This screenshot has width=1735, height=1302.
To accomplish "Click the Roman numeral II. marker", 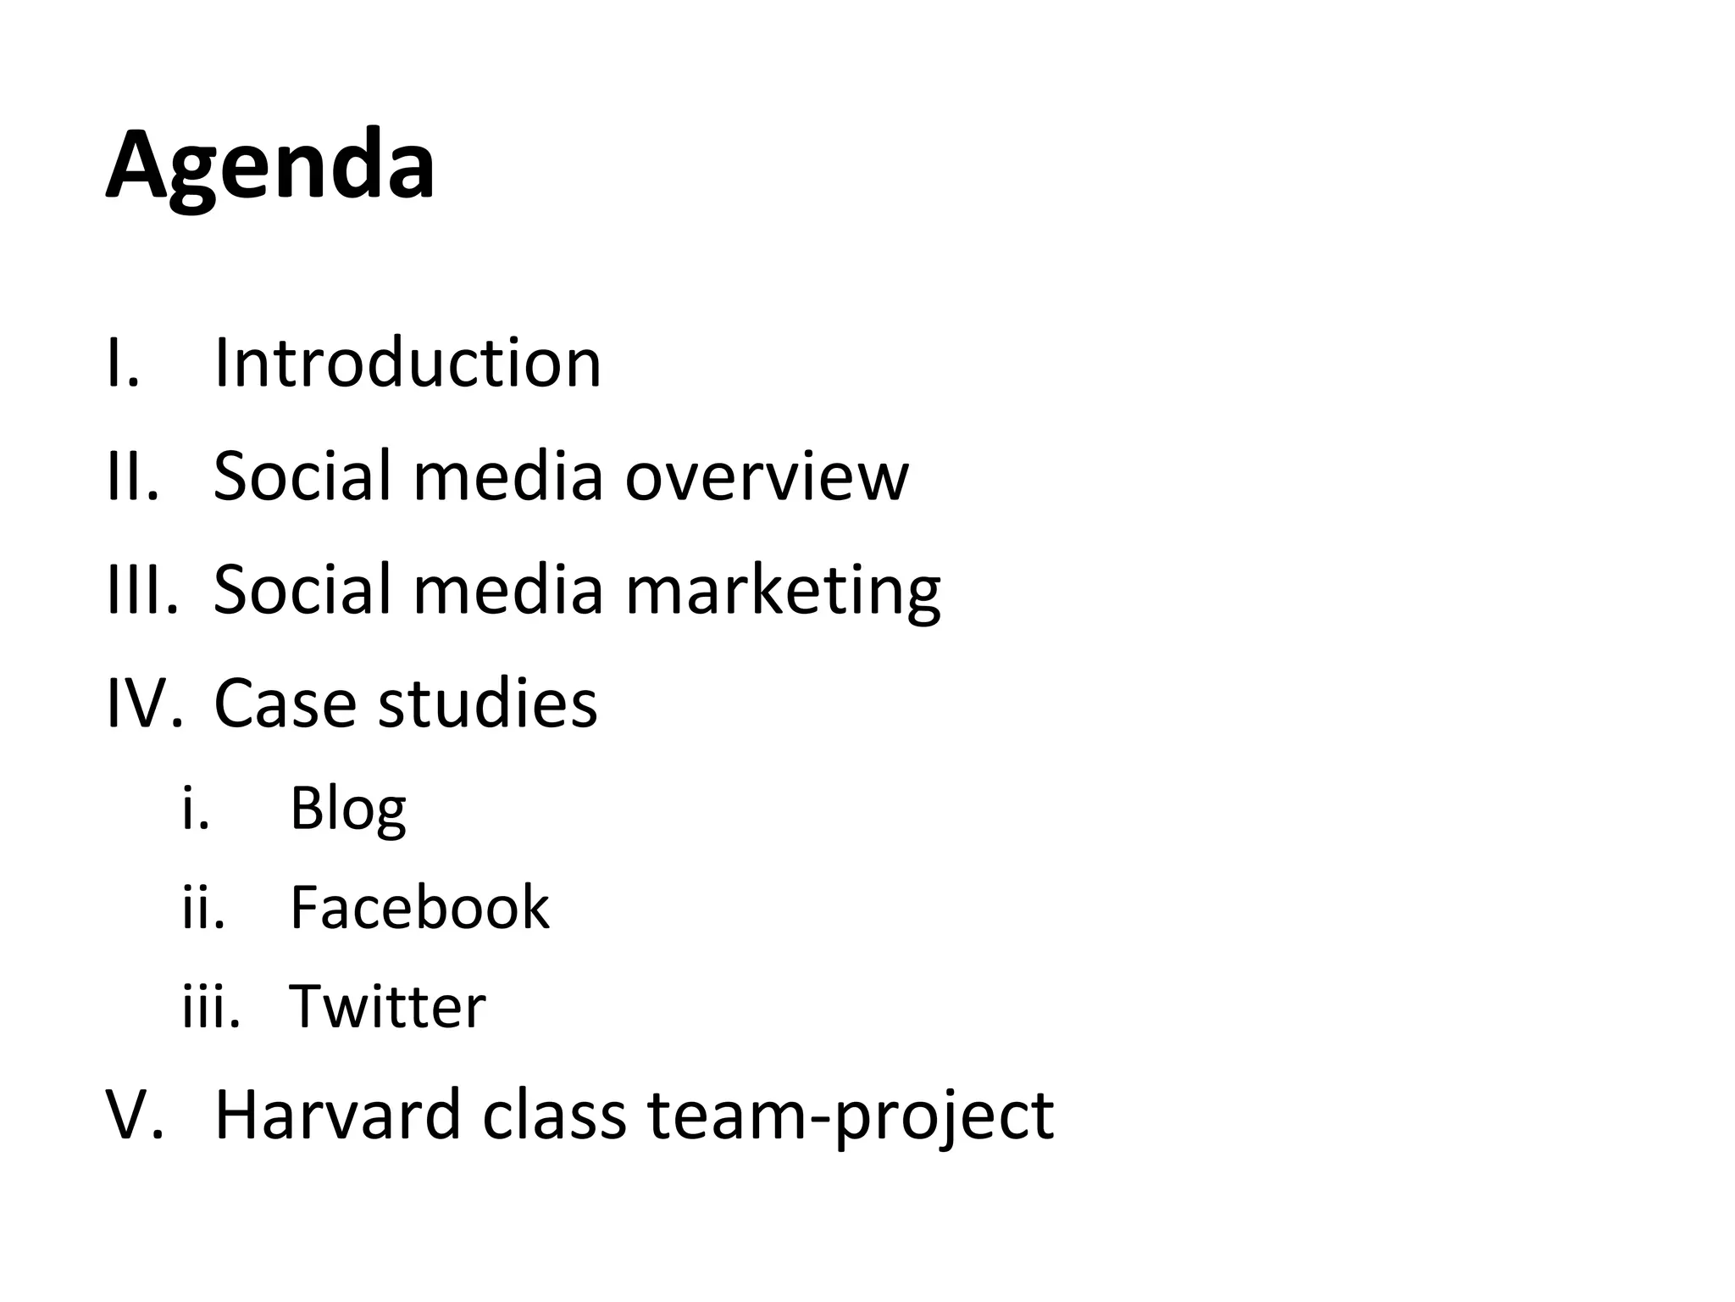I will click(x=133, y=476).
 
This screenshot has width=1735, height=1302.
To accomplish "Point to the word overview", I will click(x=766, y=476).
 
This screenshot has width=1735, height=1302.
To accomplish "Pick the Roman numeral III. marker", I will click(x=142, y=589).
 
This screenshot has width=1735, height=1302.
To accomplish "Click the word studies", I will click(x=487, y=703).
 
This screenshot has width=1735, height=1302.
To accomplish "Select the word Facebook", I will click(x=419, y=908).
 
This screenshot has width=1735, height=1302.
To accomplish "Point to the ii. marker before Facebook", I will click(x=204, y=908).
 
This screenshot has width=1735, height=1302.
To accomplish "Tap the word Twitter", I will click(x=388, y=1007).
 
